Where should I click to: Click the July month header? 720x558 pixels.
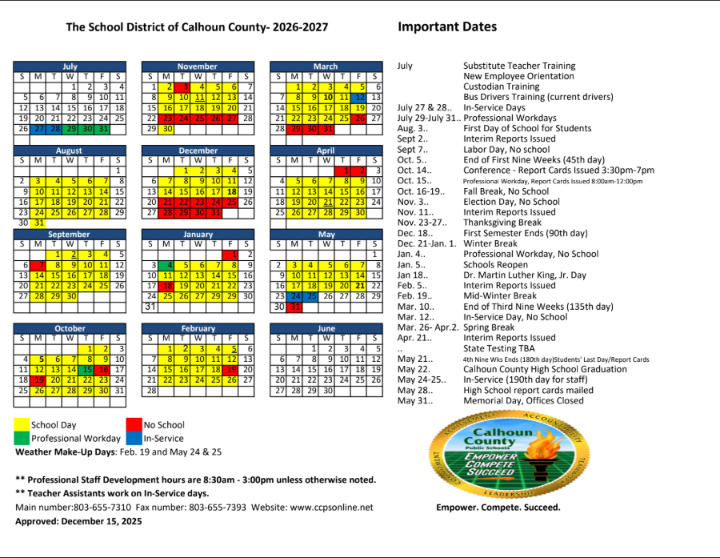coord(70,66)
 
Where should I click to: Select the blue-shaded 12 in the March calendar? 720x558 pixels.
coord(361,97)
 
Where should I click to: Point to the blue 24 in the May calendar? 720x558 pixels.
coord(295,296)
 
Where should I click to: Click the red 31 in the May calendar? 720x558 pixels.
coord(295,307)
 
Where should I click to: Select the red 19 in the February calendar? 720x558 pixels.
coord(232,370)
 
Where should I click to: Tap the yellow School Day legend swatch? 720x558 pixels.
coord(22,425)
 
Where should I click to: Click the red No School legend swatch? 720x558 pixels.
coord(133,425)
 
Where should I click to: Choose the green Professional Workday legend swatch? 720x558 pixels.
coord(22,438)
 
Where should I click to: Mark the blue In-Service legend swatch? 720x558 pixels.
coord(133,438)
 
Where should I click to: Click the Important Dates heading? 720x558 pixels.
coord(447,27)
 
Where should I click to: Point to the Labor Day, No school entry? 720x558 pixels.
coord(506,150)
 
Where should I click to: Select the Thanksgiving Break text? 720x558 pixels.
coord(502,223)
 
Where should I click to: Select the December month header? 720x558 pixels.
coord(198,151)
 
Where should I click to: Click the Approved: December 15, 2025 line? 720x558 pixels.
coord(78,521)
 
